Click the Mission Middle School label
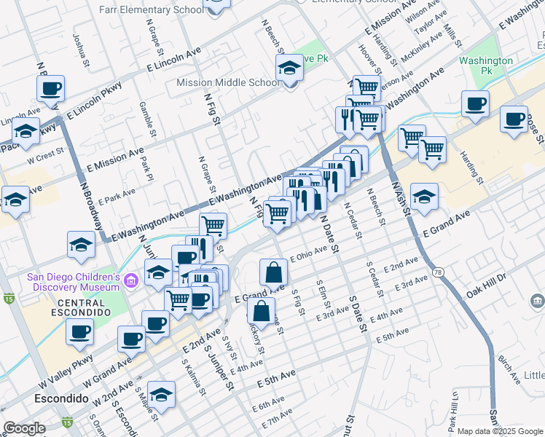click(x=227, y=82)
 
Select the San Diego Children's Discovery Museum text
click(x=73, y=282)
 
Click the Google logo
click(x=25, y=428)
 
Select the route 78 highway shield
click(x=438, y=272)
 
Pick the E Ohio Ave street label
click(x=309, y=255)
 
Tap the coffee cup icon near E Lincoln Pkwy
click(x=51, y=90)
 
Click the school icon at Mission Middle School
click(x=290, y=70)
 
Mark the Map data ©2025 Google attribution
click(x=499, y=431)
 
